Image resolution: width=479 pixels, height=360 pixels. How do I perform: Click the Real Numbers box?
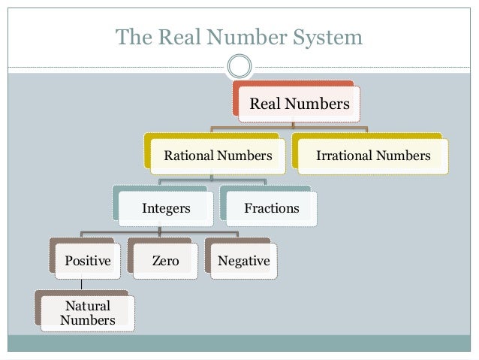tap(299, 104)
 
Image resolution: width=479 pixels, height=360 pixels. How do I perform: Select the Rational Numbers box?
tap(218, 156)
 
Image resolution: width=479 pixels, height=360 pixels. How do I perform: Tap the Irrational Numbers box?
tap(373, 156)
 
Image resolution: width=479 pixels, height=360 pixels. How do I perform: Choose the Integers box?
tap(166, 208)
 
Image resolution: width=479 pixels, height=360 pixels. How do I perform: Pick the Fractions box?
tap(271, 208)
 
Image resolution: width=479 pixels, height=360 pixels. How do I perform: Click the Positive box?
tap(88, 261)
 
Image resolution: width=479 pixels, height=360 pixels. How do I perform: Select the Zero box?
tap(165, 261)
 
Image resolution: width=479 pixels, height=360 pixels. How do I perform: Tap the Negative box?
tap(243, 261)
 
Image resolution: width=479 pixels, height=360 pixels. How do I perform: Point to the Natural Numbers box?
tap(88, 313)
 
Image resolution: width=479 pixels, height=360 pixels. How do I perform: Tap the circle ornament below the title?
tap(239, 66)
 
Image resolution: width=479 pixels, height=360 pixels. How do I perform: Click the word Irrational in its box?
tap(345, 156)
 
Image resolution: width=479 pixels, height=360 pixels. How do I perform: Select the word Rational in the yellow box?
tap(188, 156)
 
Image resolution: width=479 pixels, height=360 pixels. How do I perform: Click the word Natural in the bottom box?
tap(88, 306)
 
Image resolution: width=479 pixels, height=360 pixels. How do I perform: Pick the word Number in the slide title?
tap(243, 37)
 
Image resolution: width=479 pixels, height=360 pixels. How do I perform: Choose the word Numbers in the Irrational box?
tap(403, 156)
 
